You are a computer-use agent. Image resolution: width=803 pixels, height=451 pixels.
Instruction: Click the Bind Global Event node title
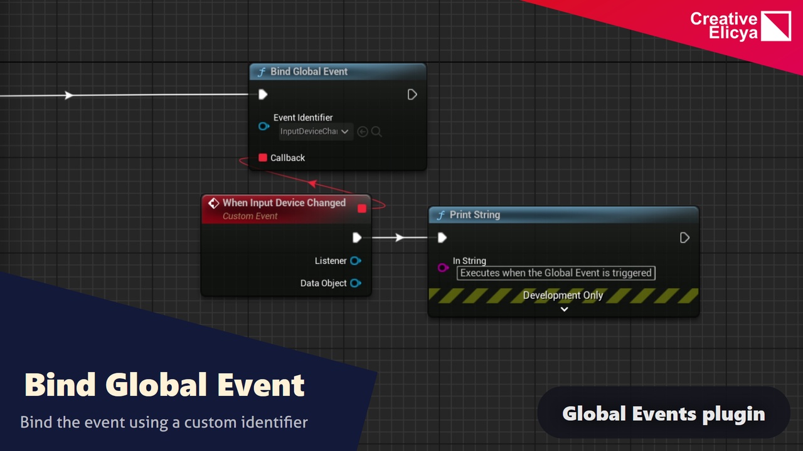tap(309, 71)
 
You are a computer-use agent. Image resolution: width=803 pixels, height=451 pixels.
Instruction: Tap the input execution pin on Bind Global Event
tap(263, 95)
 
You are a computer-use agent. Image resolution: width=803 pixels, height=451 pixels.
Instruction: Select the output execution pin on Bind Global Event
tap(412, 95)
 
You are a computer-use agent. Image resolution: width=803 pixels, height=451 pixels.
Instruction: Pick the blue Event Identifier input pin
tap(263, 127)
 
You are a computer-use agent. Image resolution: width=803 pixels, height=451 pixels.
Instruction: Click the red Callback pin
tap(263, 158)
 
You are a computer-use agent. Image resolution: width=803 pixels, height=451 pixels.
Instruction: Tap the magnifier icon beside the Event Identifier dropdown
tap(376, 132)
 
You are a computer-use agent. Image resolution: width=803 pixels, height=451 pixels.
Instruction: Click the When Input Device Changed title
tap(284, 203)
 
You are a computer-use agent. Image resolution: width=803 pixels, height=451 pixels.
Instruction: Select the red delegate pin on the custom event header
tap(361, 208)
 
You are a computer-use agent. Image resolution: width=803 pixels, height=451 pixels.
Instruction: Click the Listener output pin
tap(355, 261)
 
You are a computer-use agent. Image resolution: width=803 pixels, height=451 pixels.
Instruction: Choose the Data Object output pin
tap(355, 283)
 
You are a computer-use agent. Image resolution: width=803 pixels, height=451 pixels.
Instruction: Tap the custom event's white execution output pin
tap(357, 237)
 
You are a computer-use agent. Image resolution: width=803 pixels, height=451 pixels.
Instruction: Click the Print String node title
tap(474, 215)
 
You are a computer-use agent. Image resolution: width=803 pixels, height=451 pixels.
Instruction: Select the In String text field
tap(556, 273)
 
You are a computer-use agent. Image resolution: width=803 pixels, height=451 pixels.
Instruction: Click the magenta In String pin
tap(443, 267)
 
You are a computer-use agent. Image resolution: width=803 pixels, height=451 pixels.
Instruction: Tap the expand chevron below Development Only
tap(564, 309)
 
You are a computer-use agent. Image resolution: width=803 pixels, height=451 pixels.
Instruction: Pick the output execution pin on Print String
tap(684, 237)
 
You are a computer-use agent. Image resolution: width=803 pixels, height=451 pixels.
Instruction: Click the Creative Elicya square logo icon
tap(776, 26)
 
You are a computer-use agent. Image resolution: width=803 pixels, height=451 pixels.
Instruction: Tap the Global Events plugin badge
tap(663, 413)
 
